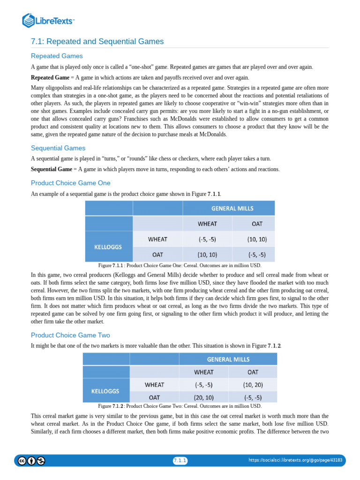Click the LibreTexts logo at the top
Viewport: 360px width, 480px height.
48,21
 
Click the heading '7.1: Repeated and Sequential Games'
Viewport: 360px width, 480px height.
97,42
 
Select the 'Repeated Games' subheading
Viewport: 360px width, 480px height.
57,56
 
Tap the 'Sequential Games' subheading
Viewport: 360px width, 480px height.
58,148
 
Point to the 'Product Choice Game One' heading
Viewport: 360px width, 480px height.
71,183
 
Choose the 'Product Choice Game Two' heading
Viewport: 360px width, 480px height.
71,335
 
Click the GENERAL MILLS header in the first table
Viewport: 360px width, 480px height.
229,208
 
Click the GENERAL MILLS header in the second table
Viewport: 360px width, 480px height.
228,360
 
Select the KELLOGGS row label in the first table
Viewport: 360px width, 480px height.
109,247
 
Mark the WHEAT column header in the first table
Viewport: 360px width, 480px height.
207,224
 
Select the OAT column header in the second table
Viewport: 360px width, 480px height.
253,372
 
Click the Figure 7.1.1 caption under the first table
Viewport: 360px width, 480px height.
180,265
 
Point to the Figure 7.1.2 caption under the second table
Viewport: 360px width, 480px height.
180,406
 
